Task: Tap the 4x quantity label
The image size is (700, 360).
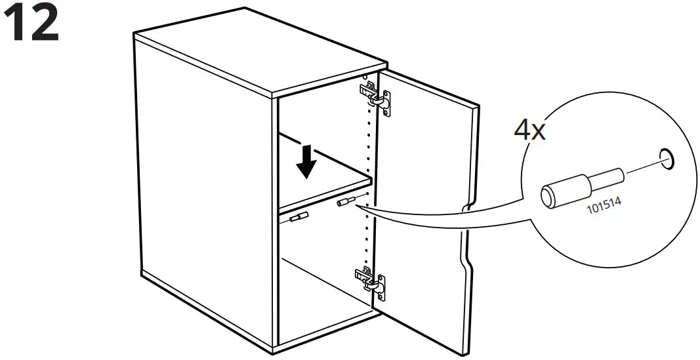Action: pyautogui.click(x=529, y=130)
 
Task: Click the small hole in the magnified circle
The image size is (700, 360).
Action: pyautogui.click(x=667, y=158)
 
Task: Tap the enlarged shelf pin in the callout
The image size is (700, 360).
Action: pyautogui.click(x=581, y=185)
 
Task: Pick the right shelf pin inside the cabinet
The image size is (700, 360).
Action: pyautogui.click(x=346, y=201)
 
